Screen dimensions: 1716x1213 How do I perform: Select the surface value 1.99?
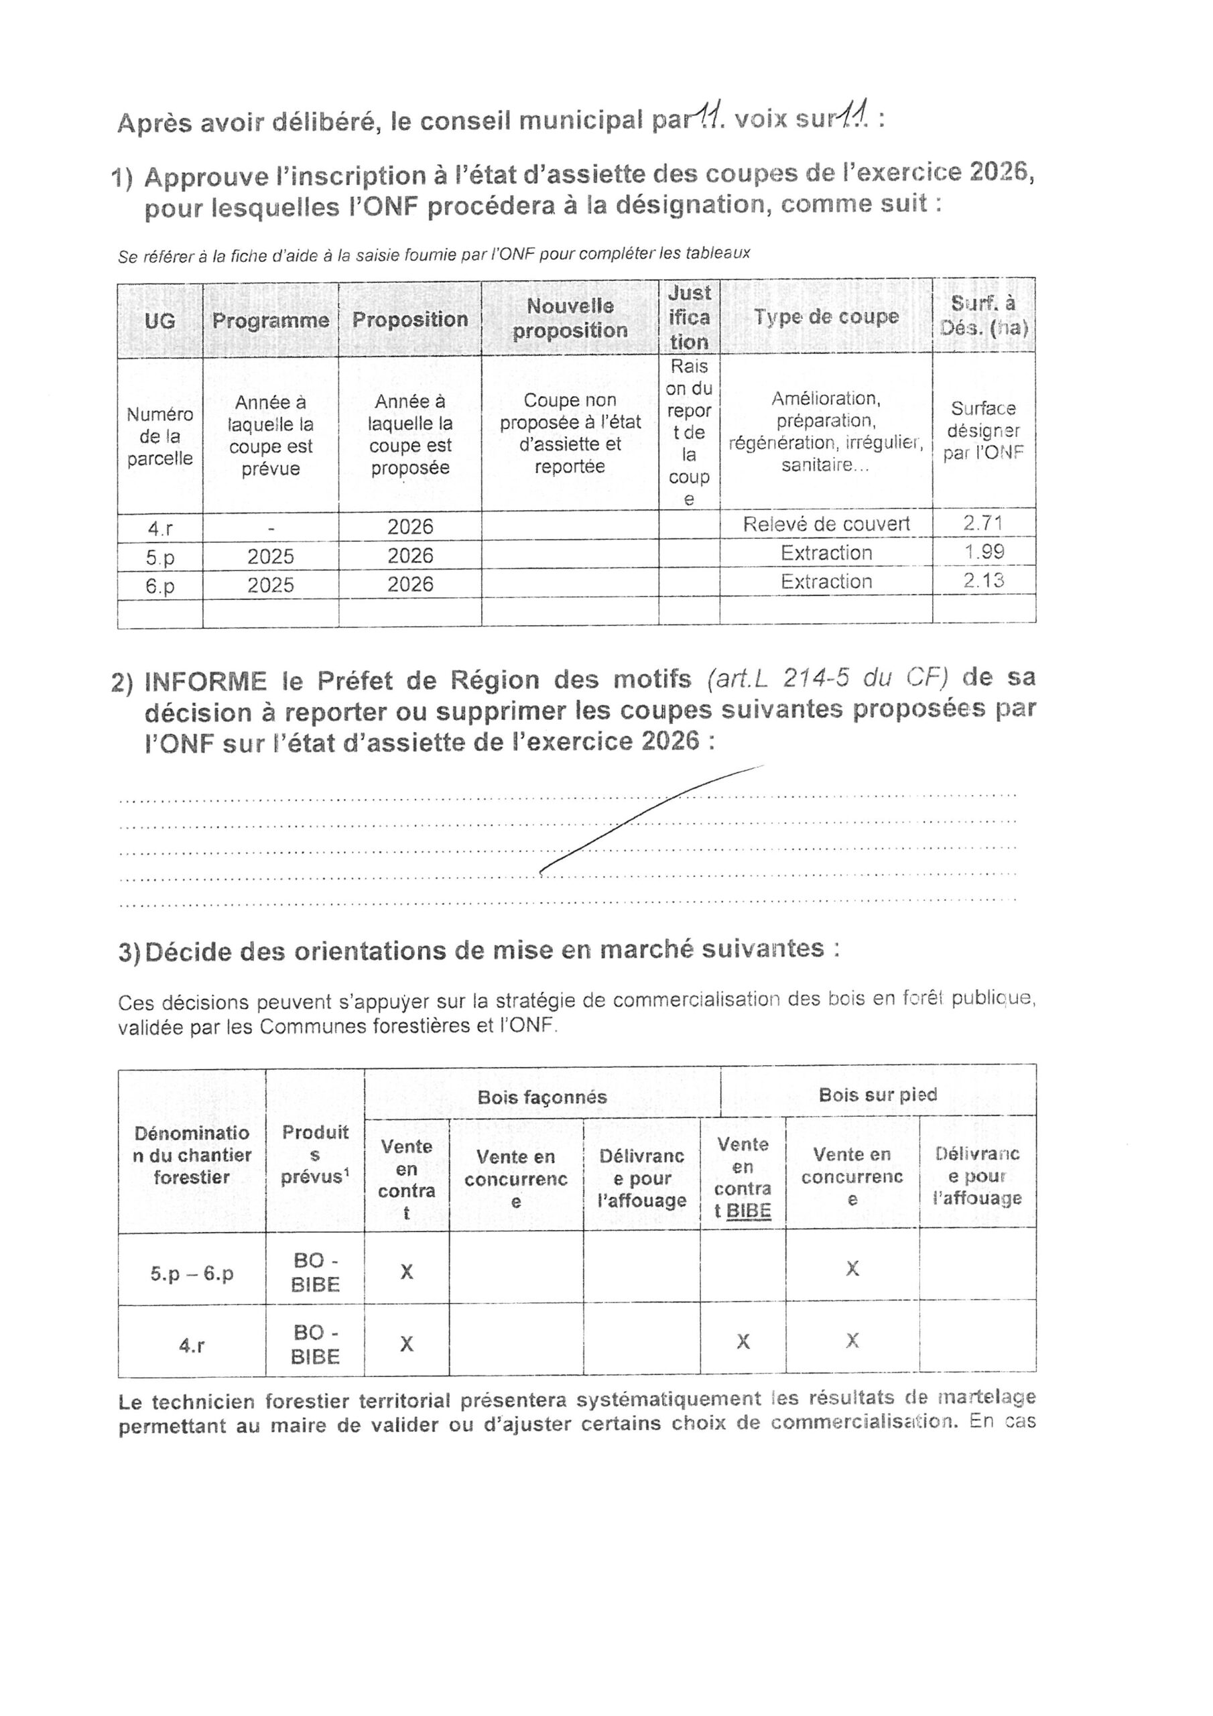coord(984,552)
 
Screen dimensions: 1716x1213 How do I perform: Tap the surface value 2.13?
coord(984,580)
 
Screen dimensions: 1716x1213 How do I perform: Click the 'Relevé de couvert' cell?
coord(826,524)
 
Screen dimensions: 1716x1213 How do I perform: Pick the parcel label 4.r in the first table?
coord(160,528)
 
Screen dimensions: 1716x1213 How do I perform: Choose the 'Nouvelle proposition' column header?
coord(570,318)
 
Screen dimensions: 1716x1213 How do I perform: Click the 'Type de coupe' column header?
coord(825,317)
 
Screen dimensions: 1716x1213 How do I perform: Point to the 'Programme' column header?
coord(271,320)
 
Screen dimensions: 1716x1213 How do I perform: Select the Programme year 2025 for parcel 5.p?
coord(271,557)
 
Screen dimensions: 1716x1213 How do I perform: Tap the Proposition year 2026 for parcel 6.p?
coord(410,584)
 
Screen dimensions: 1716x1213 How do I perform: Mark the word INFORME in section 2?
coord(206,681)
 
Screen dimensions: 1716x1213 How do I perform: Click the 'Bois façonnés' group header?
coord(542,1097)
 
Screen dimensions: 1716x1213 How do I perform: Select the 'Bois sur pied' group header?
coord(877,1095)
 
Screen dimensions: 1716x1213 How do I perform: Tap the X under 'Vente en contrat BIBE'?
coord(743,1341)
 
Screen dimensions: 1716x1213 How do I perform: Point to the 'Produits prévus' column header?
coord(315,1154)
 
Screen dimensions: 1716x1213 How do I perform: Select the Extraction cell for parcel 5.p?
coord(826,553)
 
